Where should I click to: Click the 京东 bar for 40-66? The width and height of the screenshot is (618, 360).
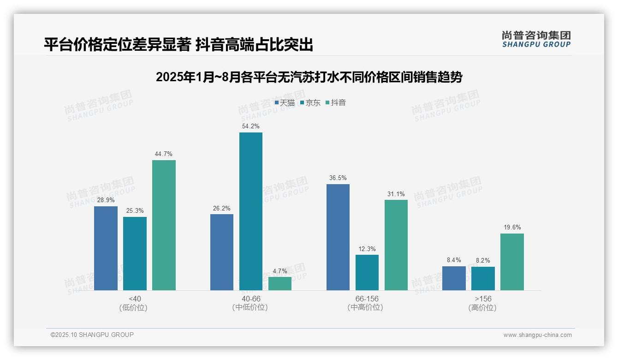pyautogui.click(x=250, y=211)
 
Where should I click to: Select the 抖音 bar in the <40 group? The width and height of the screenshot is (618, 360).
pyautogui.click(x=164, y=225)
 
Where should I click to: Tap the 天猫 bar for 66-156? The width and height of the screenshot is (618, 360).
pyautogui.click(x=338, y=237)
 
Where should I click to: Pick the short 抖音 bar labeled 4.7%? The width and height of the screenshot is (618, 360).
pyautogui.click(x=280, y=283)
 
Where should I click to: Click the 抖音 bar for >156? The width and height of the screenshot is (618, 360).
pyautogui.click(x=512, y=262)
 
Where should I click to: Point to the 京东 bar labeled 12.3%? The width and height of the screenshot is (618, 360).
pyautogui.click(x=367, y=272)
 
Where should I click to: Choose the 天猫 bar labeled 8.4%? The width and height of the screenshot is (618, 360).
pyautogui.click(x=454, y=278)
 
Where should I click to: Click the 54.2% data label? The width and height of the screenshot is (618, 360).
pyautogui.click(x=250, y=126)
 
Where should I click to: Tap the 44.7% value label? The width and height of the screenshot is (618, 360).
pyautogui.click(x=164, y=154)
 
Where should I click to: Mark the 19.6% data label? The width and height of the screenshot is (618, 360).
pyautogui.click(x=512, y=227)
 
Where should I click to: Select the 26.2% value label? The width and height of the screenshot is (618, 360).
pyautogui.click(x=222, y=208)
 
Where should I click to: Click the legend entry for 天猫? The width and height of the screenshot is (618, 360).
pyautogui.click(x=285, y=102)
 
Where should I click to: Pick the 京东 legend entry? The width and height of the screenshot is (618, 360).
pyautogui.click(x=310, y=102)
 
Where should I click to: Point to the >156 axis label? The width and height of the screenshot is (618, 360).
pyautogui.click(x=482, y=299)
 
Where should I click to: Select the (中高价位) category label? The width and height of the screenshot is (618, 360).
pyautogui.click(x=365, y=307)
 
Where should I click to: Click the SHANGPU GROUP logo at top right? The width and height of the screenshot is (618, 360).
pyautogui.click(x=536, y=39)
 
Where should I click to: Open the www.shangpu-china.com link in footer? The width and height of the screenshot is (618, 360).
pyautogui.click(x=537, y=335)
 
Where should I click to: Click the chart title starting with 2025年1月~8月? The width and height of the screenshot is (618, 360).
pyautogui.click(x=309, y=77)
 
